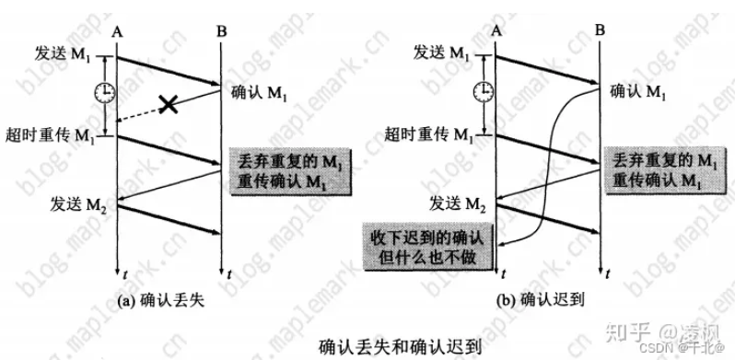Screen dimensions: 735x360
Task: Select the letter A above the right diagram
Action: (497, 31)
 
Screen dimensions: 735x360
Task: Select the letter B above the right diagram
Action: (600, 31)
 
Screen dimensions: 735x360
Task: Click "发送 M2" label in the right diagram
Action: (460, 203)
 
